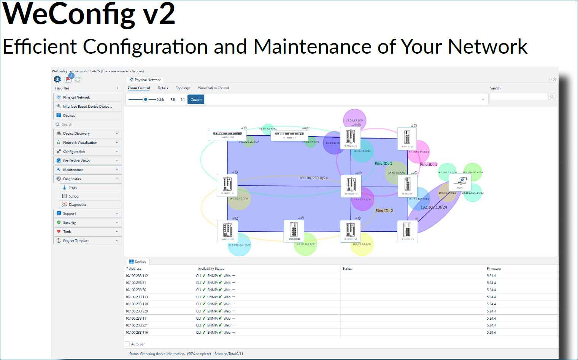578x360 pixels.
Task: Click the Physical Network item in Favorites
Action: (x=76, y=97)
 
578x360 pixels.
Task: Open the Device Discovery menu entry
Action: (x=76, y=134)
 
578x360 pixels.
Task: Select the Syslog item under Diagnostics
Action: (x=74, y=196)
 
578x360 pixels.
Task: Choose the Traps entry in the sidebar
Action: (x=73, y=188)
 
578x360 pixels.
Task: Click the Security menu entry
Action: (x=69, y=223)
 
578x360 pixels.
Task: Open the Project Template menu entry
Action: (x=76, y=241)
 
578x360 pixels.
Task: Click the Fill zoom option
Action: (x=173, y=100)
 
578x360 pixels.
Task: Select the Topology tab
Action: (x=183, y=88)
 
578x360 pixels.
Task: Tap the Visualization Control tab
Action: (x=213, y=88)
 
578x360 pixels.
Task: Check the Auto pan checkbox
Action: (x=127, y=344)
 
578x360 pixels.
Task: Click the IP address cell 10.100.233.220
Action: (x=137, y=311)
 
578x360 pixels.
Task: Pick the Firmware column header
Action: (x=494, y=269)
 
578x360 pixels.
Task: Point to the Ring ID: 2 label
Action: (x=384, y=210)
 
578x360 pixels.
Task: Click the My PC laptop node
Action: (x=460, y=182)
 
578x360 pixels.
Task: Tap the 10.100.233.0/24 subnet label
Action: (x=313, y=178)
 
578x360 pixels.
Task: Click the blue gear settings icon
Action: (x=57, y=79)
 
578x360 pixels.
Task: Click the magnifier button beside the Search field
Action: (x=552, y=97)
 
